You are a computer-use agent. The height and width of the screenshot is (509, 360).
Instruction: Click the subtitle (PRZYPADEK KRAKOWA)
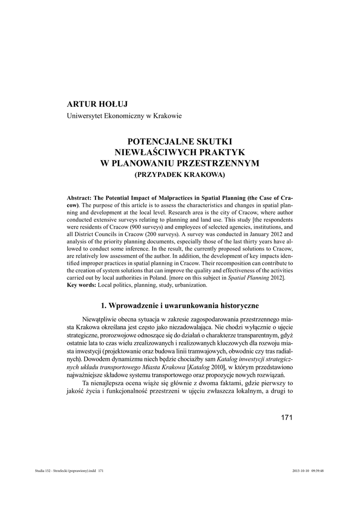coord(180,175)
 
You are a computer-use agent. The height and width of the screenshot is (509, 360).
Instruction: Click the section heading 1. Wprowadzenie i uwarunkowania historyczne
coord(180,304)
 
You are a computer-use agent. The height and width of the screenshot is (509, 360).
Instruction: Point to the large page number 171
coord(286,417)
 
